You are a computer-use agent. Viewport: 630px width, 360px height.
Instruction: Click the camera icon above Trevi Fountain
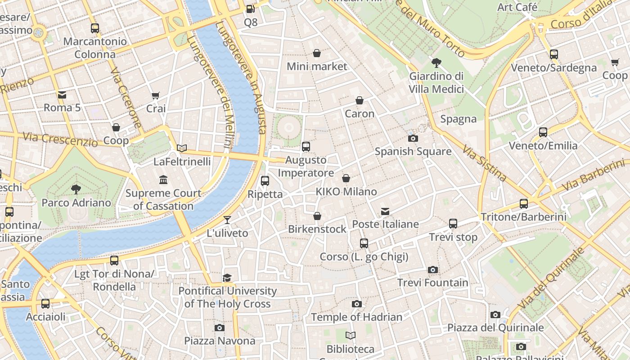[433, 270]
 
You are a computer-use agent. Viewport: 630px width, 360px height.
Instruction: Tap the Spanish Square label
[413, 152]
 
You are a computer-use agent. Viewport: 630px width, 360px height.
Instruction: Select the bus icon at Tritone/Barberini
[524, 203]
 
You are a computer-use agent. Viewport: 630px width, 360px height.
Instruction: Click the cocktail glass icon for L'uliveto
[227, 220]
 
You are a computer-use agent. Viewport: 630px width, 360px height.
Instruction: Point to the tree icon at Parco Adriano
[76, 189]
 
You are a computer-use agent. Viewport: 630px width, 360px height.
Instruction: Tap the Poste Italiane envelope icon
[385, 211]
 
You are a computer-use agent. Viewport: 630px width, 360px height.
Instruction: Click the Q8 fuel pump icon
[251, 9]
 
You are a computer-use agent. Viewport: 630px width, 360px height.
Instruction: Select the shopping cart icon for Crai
[156, 95]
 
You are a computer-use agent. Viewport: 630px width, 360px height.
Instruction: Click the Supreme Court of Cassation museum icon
[163, 180]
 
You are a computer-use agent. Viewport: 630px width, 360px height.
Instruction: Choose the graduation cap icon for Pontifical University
[227, 278]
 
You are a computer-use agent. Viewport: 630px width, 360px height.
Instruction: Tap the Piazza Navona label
[220, 341]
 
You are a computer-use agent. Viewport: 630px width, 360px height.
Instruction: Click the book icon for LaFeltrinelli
[182, 148]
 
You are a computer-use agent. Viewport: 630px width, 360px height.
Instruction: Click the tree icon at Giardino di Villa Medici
[436, 63]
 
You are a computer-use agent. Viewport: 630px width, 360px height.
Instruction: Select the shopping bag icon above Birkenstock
[317, 216]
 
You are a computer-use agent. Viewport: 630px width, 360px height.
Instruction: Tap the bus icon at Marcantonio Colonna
[95, 28]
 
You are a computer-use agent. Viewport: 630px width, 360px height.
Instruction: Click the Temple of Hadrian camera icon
[357, 304]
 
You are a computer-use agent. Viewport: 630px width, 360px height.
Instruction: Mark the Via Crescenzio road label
[60, 139]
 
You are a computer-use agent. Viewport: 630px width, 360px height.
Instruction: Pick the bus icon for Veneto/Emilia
[543, 132]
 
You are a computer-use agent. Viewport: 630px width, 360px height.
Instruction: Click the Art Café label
[517, 7]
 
